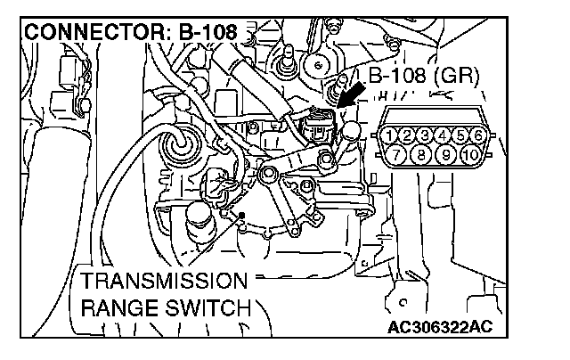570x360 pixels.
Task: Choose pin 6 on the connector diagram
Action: (477, 135)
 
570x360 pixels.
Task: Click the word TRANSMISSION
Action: (162, 282)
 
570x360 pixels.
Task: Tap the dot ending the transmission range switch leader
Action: (241, 215)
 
